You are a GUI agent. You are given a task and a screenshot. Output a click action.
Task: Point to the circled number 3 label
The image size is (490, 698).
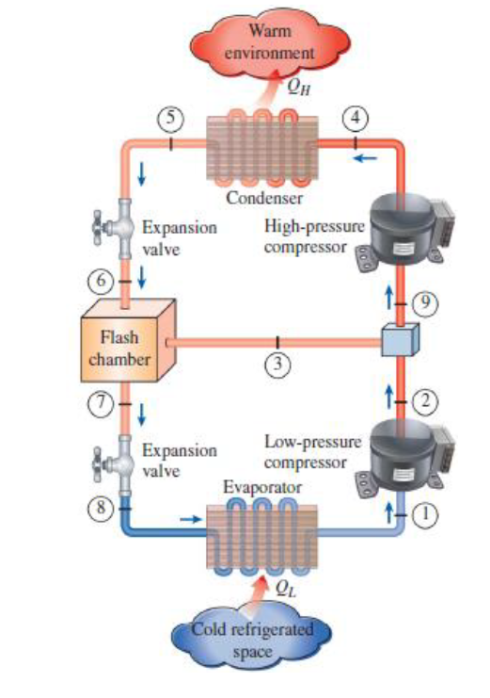coord(277,366)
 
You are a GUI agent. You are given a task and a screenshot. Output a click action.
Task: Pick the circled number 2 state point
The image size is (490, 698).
coord(427,400)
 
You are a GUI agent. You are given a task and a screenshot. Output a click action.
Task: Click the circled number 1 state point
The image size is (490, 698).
coord(427,514)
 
